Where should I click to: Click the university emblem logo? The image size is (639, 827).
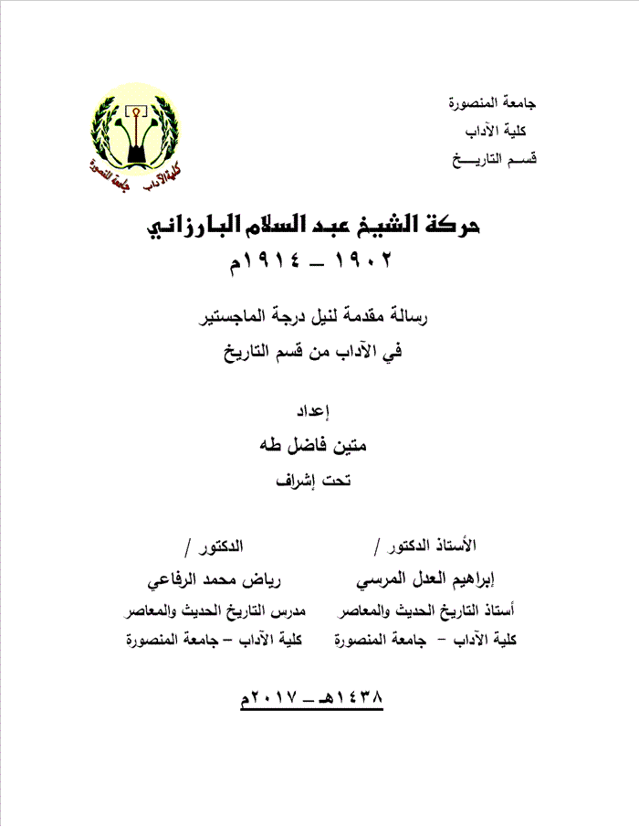pyautogui.click(x=136, y=138)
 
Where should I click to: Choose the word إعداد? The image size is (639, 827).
pyautogui.click(x=319, y=408)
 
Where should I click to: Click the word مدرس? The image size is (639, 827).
pyautogui.click(x=288, y=610)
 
